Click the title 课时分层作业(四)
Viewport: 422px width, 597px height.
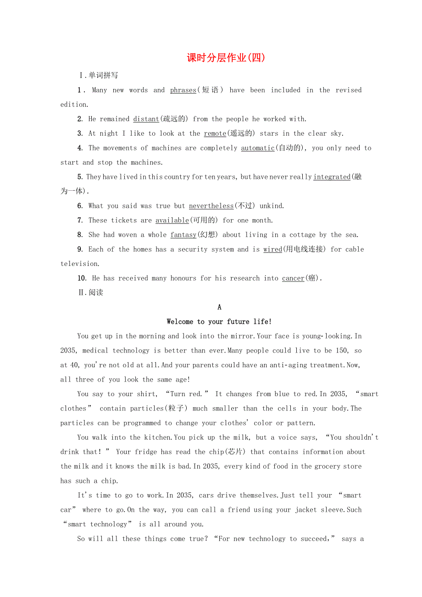click(x=226, y=58)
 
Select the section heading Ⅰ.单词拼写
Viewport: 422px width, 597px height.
click(x=99, y=75)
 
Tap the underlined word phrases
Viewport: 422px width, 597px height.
click(x=183, y=90)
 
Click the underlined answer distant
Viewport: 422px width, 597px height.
click(x=146, y=119)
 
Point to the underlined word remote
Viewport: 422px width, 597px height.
click(x=215, y=133)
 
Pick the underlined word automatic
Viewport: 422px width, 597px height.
click(x=257, y=148)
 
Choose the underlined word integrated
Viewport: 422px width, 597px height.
click(x=332, y=177)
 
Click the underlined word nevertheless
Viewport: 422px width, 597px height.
click(x=211, y=206)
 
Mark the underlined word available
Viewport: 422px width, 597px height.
click(x=172, y=221)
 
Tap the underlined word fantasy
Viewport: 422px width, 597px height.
click(x=183, y=235)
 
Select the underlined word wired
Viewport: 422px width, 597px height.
click(x=272, y=249)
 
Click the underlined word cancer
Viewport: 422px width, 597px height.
click(x=293, y=278)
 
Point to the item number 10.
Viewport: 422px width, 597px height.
click(x=82, y=278)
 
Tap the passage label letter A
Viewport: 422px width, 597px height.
click(x=219, y=307)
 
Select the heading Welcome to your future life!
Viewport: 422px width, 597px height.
click(x=219, y=321)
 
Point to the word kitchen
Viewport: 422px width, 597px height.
click(x=145, y=437)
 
